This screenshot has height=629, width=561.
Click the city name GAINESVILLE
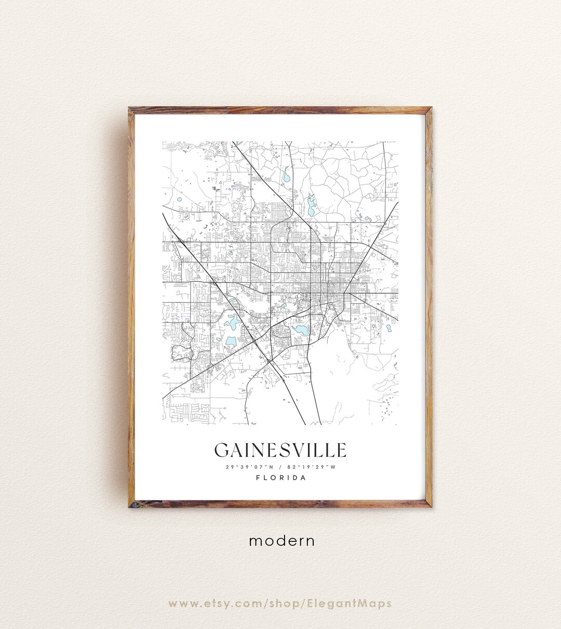[x=280, y=450]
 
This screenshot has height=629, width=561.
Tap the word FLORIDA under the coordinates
[x=281, y=477]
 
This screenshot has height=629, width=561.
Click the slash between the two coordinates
[x=280, y=467]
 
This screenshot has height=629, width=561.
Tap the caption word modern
[x=282, y=541]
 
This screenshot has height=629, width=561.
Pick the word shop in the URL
[x=285, y=603]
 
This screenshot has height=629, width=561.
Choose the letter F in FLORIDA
[x=258, y=477]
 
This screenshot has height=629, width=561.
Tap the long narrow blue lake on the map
[x=311, y=207]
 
